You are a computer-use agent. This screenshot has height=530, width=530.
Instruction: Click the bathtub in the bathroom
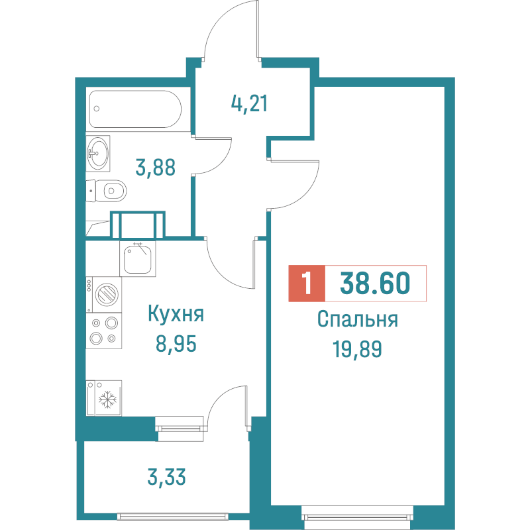[135, 109]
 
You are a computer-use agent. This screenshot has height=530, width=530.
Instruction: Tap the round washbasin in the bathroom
[99, 154]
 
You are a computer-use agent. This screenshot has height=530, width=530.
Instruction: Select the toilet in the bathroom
[109, 191]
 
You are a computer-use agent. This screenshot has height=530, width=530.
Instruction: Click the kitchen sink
[139, 259]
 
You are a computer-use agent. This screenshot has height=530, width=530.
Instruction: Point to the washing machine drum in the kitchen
[106, 293]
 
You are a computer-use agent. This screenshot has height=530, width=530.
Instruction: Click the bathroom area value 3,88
[155, 168]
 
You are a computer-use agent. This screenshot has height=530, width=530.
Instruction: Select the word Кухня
[175, 314]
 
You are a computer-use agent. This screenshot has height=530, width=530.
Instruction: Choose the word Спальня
[357, 320]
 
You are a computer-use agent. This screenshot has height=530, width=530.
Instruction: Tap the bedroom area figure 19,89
[357, 348]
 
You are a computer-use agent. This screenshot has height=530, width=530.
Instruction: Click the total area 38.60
[374, 284]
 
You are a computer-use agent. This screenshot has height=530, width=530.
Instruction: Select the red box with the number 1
[306, 284]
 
